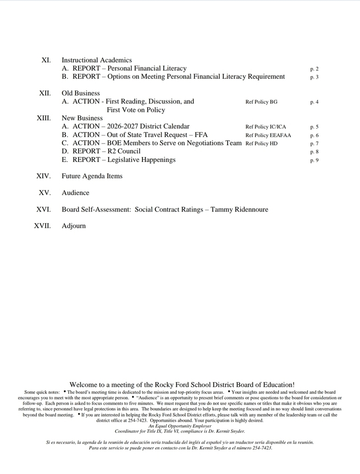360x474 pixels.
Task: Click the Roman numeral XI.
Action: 46,60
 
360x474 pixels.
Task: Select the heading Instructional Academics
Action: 97,60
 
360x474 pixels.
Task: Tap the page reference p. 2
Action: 314,69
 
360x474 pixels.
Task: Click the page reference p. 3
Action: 314,77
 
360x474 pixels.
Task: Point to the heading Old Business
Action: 81,93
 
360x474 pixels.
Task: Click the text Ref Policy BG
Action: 261,102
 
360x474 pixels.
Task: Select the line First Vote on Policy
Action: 136,110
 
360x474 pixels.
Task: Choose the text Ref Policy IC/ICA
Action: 266,127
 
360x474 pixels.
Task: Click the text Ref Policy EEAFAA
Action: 268,135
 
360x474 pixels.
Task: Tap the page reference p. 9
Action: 314,160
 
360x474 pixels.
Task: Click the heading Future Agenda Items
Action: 92,176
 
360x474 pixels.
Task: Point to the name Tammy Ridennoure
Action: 239,210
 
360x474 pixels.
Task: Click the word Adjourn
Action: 74,226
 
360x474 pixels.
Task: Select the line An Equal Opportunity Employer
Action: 180,426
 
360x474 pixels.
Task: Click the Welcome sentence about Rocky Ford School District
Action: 182,385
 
